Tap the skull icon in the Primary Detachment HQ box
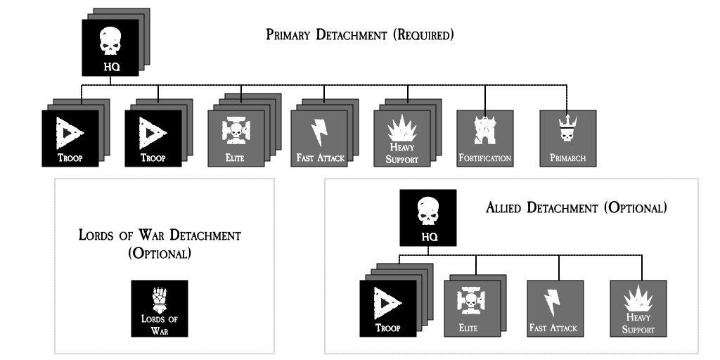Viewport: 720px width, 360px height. click(x=109, y=41)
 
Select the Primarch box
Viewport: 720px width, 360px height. click(x=568, y=138)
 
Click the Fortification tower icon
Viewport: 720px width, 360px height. click(x=485, y=130)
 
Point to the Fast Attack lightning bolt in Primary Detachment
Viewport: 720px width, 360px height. click(x=319, y=131)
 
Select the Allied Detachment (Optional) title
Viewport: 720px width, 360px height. click(x=575, y=208)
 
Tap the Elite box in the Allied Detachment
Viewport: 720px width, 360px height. click(x=472, y=307)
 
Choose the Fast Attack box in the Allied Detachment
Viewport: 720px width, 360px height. click(x=555, y=307)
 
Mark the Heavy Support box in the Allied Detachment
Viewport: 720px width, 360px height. click(x=638, y=307)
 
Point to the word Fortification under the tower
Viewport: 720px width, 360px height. click(x=485, y=157)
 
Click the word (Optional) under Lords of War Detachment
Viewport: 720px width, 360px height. click(x=160, y=254)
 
